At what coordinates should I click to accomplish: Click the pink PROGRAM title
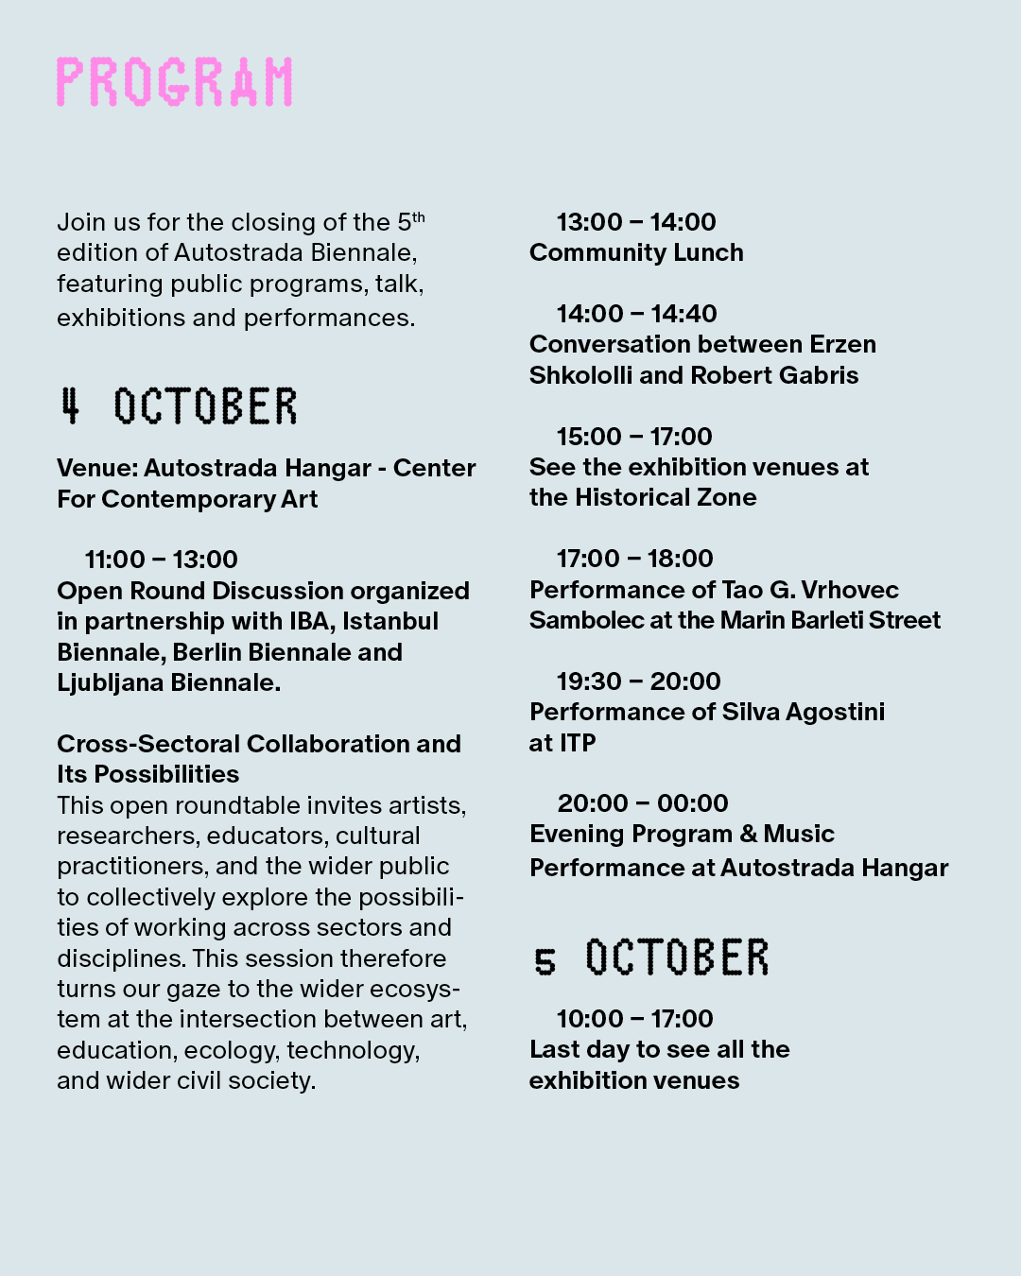(175, 82)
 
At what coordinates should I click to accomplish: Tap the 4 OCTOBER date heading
(178, 406)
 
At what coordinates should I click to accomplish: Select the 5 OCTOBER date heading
(651, 958)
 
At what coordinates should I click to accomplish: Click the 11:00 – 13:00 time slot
(162, 560)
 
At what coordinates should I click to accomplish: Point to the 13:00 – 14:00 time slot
(636, 222)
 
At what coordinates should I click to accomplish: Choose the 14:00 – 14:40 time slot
(636, 314)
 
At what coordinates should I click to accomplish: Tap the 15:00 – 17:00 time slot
(634, 437)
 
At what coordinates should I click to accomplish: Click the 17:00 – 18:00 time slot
(634, 559)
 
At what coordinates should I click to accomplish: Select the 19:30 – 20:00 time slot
(638, 681)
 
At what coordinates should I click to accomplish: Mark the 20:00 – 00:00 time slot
(643, 803)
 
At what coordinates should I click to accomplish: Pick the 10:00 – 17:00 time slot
(634, 1019)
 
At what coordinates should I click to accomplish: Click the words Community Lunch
(636, 253)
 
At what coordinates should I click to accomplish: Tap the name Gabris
(822, 375)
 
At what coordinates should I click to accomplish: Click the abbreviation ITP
(577, 743)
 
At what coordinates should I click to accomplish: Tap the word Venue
(96, 468)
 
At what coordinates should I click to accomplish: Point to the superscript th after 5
(419, 216)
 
